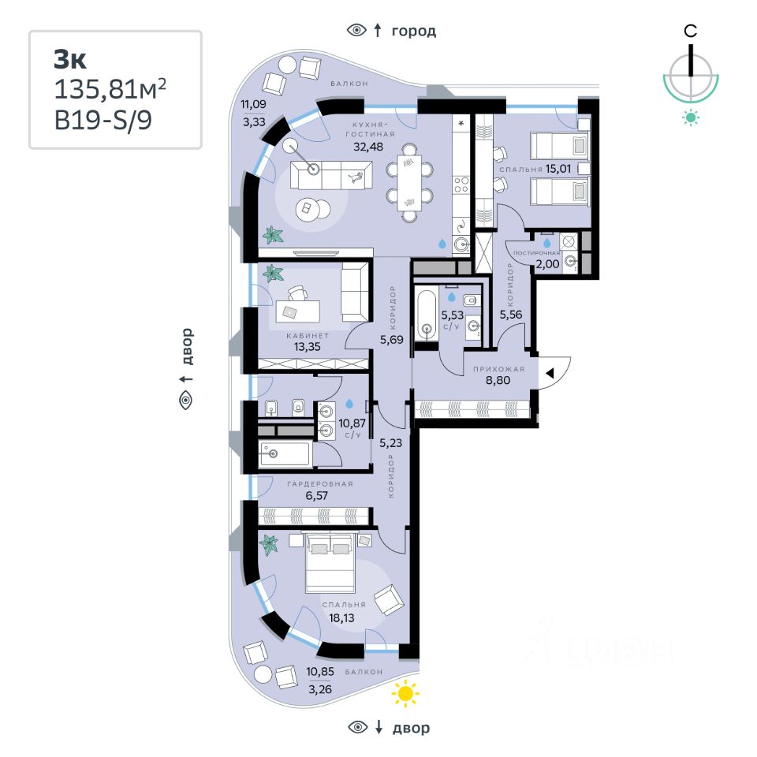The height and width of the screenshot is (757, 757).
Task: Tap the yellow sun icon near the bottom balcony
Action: [x=405, y=693]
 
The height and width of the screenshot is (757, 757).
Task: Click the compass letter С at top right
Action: [x=690, y=32]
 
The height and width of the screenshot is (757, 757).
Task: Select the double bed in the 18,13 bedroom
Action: [x=330, y=562]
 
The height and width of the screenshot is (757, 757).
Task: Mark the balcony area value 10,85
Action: [x=320, y=671]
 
